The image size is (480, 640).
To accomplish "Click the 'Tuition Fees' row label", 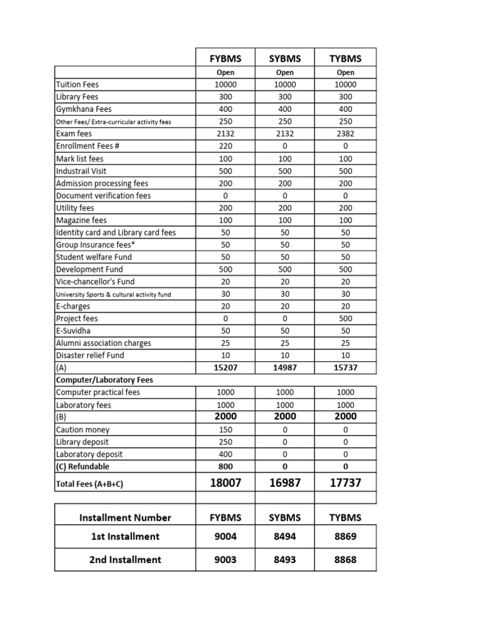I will point(77,84).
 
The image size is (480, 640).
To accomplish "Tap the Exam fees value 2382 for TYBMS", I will point(345,134).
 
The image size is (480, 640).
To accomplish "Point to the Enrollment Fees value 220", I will point(225,146).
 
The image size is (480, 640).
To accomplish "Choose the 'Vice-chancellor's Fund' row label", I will point(94,282).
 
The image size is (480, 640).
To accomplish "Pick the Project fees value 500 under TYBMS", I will point(345,319).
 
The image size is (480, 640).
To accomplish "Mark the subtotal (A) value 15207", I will point(225,368).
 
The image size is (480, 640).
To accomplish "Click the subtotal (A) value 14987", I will point(285,368).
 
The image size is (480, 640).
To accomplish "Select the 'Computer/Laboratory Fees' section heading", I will point(104,380).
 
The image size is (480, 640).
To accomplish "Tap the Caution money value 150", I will point(225,430).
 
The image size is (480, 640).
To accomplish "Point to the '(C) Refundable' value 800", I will point(225,466).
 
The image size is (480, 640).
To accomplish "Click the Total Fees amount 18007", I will point(225,483).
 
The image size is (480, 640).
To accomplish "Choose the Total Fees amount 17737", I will point(345,483).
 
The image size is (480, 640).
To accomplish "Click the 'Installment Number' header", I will point(125,517).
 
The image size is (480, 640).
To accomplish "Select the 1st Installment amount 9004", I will point(225,536).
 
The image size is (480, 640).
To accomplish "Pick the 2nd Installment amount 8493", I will point(285,559).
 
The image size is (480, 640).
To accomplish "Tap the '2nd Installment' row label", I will point(125,559).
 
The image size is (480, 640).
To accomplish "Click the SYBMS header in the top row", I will point(285,59).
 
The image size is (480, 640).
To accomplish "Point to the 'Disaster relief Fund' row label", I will point(90,356).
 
